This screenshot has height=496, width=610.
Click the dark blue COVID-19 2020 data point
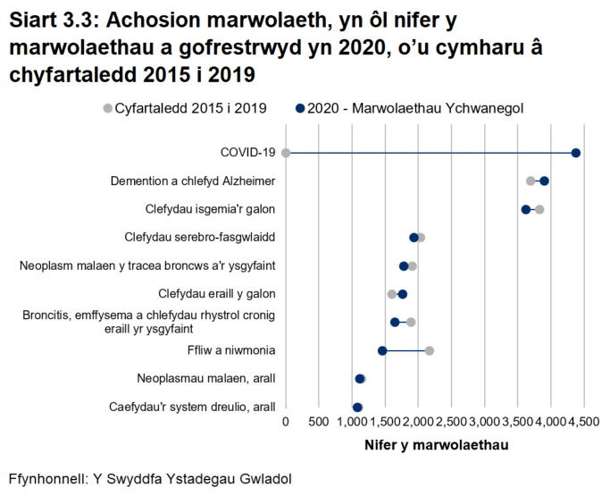(x=576, y=153)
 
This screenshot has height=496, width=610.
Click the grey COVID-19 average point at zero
(x=286, y=153)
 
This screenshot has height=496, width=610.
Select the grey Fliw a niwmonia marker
(x=430, y=350)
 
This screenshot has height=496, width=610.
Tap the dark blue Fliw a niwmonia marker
(x=382, y=350)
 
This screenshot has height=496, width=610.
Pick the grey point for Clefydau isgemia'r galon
(x=539, y=209)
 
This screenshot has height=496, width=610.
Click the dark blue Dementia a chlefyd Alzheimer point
(x=544, y=181)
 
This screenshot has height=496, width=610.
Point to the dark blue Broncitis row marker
(x=395, y=322)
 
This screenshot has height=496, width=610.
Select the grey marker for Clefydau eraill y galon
(x=391, y=294)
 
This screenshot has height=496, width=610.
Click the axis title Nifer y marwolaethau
(x=436, y=445)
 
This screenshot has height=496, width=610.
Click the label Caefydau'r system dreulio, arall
(x=192, y=407)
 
